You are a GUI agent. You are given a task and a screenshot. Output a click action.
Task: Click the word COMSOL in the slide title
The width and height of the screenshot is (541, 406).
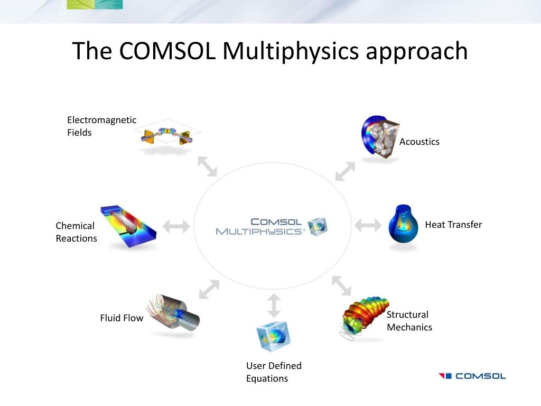point(167,51)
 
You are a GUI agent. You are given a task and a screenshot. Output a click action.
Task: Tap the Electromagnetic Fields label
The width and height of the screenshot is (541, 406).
point(101,126)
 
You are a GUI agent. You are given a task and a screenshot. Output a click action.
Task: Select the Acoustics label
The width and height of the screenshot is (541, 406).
point(419,142)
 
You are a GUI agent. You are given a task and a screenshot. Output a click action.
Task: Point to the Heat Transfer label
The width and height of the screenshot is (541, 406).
point(453,225)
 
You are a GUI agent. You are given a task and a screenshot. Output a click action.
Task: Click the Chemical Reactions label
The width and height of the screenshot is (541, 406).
point(76,232)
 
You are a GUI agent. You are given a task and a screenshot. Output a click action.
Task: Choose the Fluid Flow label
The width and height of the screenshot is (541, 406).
point(122,318)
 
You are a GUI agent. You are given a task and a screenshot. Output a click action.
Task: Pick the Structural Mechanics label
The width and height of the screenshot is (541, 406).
point(409,321)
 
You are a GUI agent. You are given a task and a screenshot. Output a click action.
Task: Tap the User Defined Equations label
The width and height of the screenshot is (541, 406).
point(274,372)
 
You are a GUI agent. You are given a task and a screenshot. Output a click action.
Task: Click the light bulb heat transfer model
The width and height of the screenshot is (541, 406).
point(404,224)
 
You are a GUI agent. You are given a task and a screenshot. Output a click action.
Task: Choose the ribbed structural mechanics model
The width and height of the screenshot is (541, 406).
point(364,317)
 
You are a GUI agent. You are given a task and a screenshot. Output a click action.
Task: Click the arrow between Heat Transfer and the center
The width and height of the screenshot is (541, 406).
point(368,226)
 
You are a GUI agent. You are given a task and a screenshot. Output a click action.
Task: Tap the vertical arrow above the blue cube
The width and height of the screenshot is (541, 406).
point(274,306)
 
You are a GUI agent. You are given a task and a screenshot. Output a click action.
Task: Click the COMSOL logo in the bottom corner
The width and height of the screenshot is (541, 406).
point(472,376)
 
